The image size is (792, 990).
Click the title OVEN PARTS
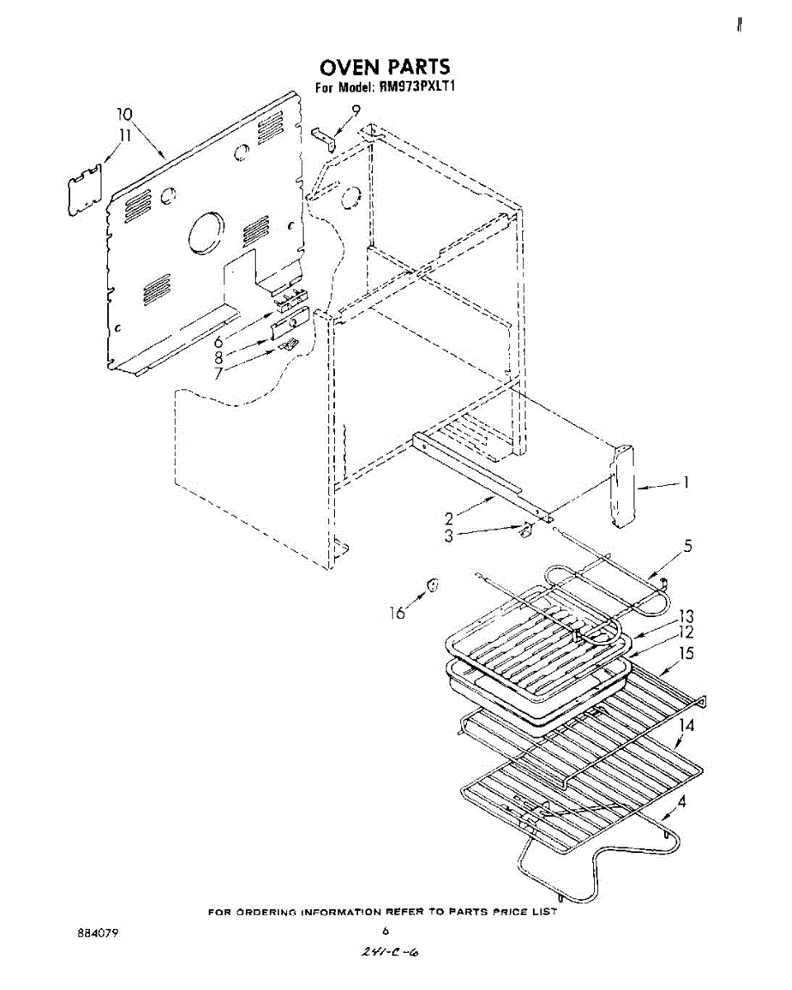click(384, 68)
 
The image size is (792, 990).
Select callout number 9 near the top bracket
click(356, 111)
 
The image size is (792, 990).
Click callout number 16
click(398, 612)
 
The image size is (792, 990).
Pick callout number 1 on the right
click(686, 484)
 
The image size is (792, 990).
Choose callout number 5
click(686, 546)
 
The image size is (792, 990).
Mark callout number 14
click(686, 726)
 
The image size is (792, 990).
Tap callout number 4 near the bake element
click(681, 799)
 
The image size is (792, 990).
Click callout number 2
click(450, 519)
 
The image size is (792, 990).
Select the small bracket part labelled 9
click(325, 138)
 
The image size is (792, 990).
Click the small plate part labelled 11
click(84, 191)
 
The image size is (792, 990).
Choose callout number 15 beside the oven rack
click(686, 654)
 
